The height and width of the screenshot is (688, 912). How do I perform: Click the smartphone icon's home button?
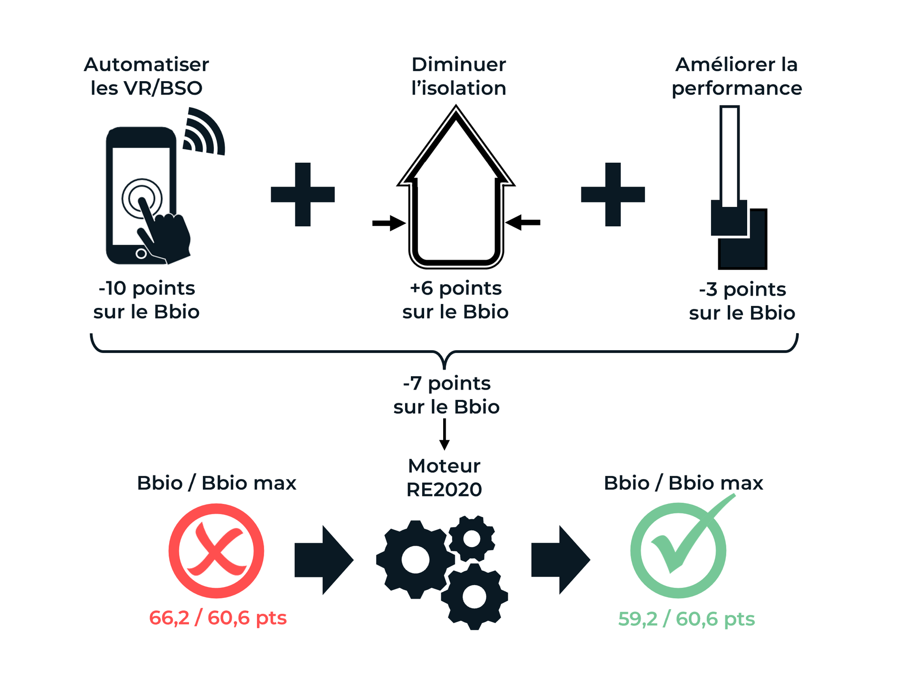pos(141,253)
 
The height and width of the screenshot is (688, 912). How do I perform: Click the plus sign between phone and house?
pos(303,195)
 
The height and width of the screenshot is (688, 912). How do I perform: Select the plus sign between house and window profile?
pos(613,195)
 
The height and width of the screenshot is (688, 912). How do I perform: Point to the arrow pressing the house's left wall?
pos(389,223)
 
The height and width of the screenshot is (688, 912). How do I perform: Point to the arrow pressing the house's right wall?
pos(523,222)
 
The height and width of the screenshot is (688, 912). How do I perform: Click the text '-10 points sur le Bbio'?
pos(146,300)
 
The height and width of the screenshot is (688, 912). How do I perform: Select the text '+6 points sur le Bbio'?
pos(455,300)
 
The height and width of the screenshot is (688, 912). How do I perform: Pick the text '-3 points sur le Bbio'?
pos(742,301)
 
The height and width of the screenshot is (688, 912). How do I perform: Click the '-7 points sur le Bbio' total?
pos(446,395)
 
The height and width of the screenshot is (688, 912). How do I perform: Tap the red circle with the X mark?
pos(216,551)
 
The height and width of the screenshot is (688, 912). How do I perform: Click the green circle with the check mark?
pos(678,550)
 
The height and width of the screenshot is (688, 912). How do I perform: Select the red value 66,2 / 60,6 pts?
pos(218,618)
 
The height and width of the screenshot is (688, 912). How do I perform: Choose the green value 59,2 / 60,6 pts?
pos(686,619)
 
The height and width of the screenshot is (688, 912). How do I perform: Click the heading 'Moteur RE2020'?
pos(444,477)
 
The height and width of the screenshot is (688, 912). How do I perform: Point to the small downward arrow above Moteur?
pos(444,435)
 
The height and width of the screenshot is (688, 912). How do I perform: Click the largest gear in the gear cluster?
pos(415,560)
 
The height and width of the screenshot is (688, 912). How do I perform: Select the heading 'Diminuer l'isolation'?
pos(458,76)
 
